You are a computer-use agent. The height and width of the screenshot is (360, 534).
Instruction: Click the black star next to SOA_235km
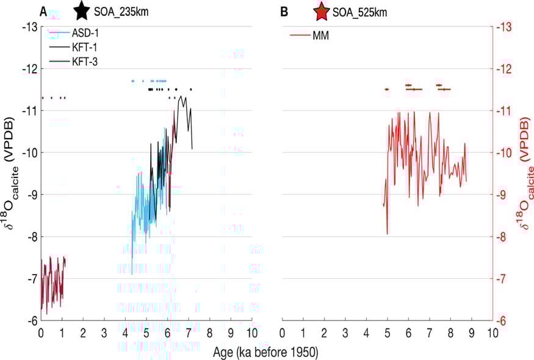click(x=82, y=11)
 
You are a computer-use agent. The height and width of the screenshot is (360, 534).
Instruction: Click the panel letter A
click(x=43, y=12)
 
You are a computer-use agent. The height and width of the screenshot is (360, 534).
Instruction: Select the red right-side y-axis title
click(x=525, y=174)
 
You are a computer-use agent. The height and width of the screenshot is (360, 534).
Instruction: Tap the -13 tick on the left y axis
click(x=30, y=27)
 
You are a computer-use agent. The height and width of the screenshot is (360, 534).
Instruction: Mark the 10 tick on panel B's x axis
click(x=492, y=333)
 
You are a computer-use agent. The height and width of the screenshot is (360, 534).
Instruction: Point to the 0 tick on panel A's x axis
click(x=41, y=333)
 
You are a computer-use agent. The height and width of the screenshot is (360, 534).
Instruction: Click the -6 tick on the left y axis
click(x=30, y=320)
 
